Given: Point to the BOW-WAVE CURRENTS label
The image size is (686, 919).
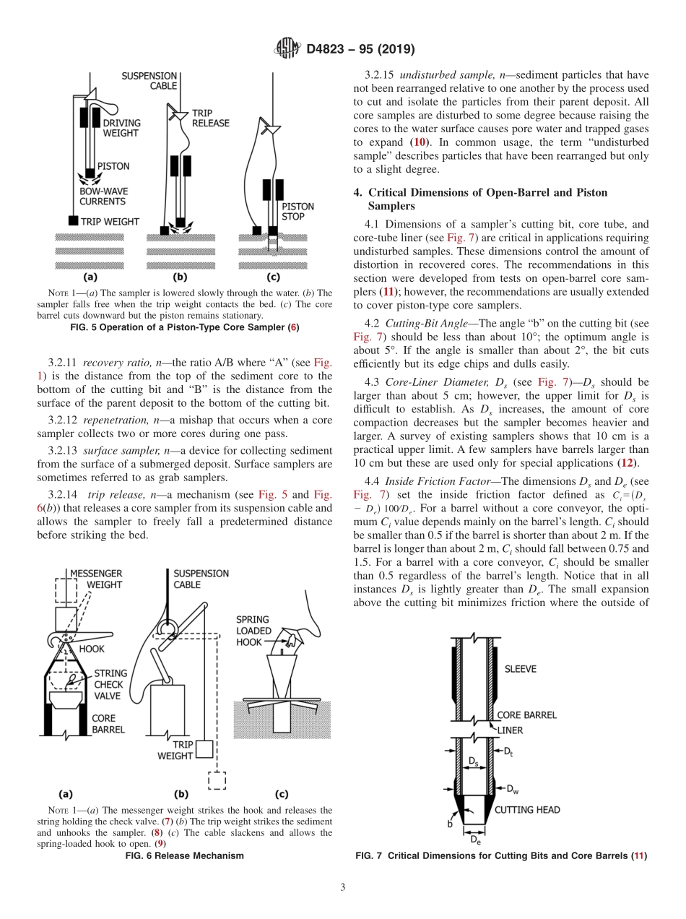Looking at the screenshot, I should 102,197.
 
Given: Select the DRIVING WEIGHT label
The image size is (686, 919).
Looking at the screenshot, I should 121,128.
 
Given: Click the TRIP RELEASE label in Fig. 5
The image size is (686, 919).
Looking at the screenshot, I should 210,118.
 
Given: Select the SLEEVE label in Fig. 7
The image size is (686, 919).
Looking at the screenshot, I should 521,669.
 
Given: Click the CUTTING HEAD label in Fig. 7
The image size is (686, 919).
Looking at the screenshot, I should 527,809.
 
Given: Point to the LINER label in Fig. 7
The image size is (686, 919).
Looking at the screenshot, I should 510,730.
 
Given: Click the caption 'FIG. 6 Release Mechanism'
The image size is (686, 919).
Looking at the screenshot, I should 185,855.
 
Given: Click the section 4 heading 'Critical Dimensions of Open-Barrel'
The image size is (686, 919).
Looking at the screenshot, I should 487,192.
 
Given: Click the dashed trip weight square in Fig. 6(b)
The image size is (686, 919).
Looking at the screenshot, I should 216,782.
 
